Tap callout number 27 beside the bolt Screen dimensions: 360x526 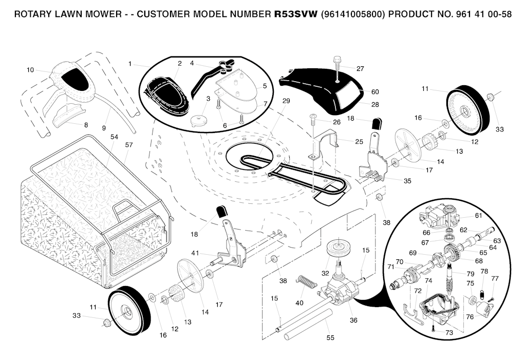[x=360, y=68]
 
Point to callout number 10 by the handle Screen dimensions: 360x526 [x=30, y=70]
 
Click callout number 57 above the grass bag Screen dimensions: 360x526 [x=129, y=145]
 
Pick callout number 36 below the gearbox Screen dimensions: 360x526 [x=353, y=320]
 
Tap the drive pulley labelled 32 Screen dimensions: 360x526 [x=337, y=249]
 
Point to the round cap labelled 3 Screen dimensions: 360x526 [x=198, y=121]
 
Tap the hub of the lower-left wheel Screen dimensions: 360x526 [x=125, y=311]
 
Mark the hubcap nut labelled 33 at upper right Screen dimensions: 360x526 [x=491, y=97]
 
